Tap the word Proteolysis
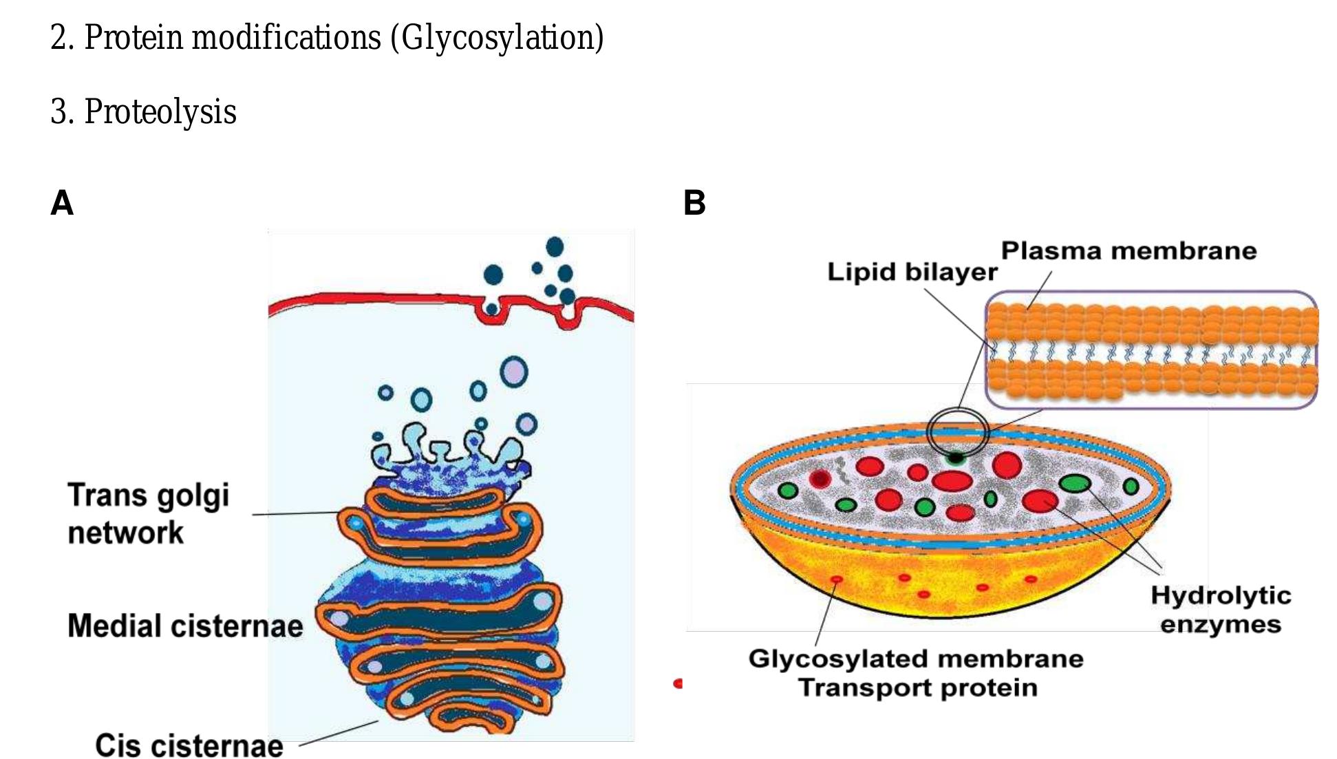(160, 111)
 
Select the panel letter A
(62, 203)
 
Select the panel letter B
(694, 203)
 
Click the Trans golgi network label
(148, 513)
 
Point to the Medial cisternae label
(185, 626)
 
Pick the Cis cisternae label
(189, 745)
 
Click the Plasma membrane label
(1129, 250)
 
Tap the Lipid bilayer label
(912, 272)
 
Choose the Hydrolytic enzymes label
(1221, 610)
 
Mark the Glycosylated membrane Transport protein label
(917, 673)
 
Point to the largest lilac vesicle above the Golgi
(513, 372)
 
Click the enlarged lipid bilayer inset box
(1151, 350)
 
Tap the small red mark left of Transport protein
(678, 683)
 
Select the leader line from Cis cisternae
(339, 733)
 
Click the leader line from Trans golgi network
(296, 513)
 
